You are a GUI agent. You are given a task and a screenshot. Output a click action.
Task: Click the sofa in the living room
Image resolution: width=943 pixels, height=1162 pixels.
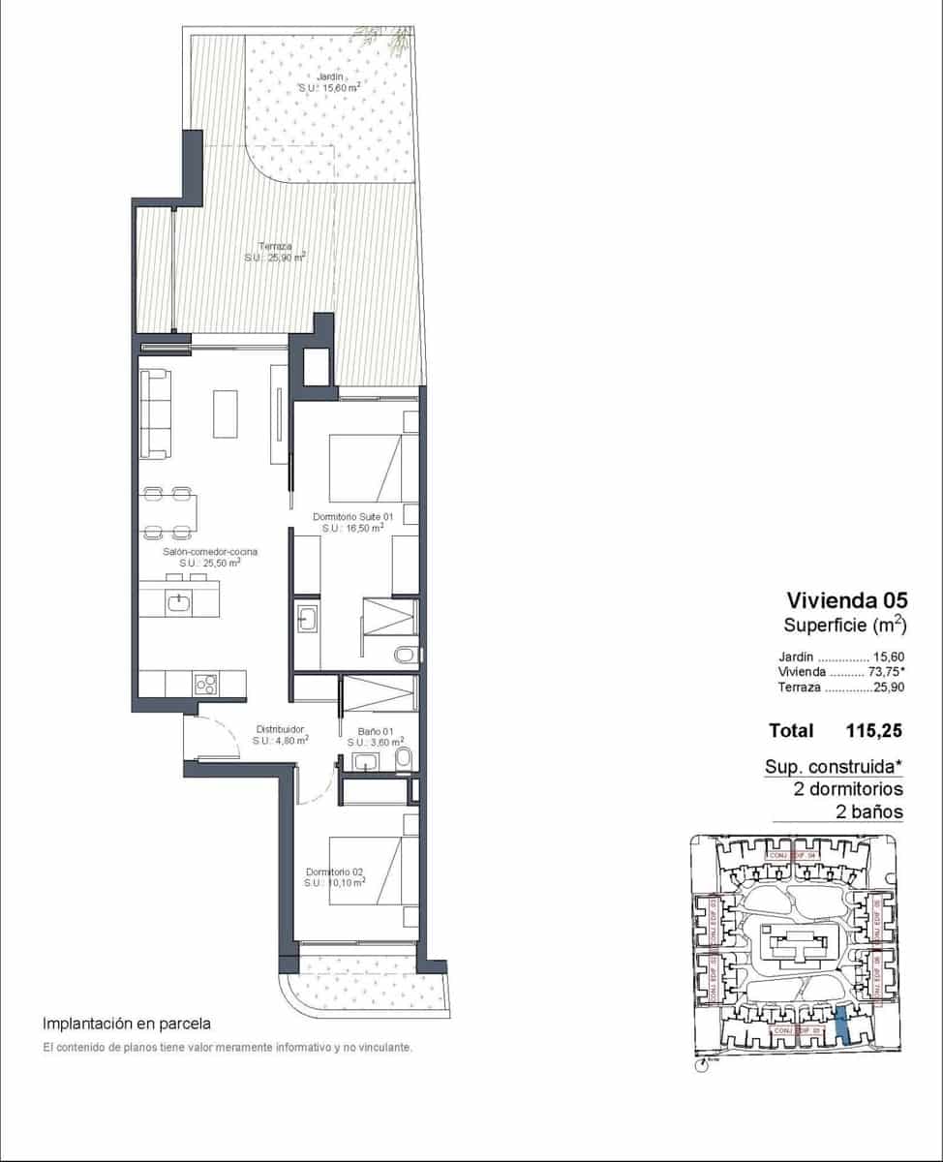[156, 413]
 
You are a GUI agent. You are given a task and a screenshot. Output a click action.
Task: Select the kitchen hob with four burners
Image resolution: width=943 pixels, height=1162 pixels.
[205, 684]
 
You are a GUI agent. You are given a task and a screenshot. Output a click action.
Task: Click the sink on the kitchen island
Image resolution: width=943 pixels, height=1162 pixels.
[178, 602]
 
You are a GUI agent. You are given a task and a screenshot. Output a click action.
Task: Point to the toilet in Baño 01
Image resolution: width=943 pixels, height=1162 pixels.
[405, 757]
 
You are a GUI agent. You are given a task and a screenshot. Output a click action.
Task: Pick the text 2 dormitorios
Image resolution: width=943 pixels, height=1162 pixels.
[848, 789]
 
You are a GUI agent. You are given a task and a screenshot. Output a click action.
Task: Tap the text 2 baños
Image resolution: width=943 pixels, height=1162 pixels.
[868, 811]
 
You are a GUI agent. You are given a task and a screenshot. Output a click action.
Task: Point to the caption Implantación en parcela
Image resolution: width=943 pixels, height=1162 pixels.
[127, 1023]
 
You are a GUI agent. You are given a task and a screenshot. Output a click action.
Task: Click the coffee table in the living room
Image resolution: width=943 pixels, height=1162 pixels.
[226, 413]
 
